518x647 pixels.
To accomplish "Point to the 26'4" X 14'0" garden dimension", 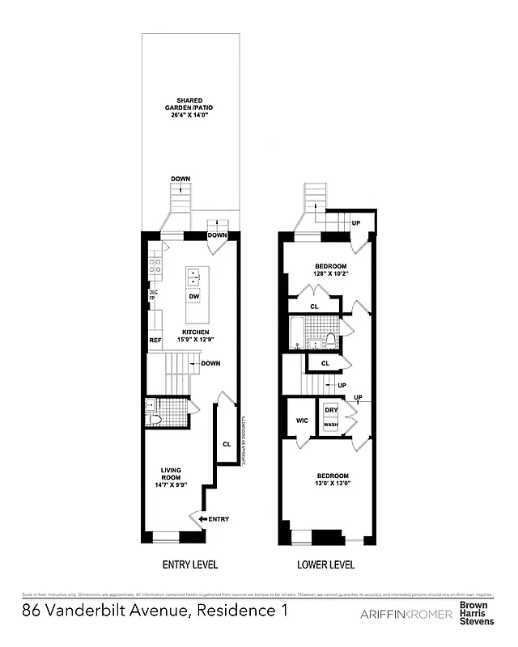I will tap(191, 114).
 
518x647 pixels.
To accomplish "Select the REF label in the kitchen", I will tap(155, 340).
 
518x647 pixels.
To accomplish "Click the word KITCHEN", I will tap(195, 332).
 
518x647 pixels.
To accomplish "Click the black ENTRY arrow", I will tap(200, 518).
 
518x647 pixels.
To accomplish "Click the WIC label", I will tap(302, 421).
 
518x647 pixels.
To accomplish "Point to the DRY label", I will tap(331, 411).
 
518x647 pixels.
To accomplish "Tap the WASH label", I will tap(331, 425).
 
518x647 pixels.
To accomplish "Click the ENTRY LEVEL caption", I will tap(190, 565).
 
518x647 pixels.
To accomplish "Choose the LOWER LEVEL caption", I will tap(326, 565).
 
